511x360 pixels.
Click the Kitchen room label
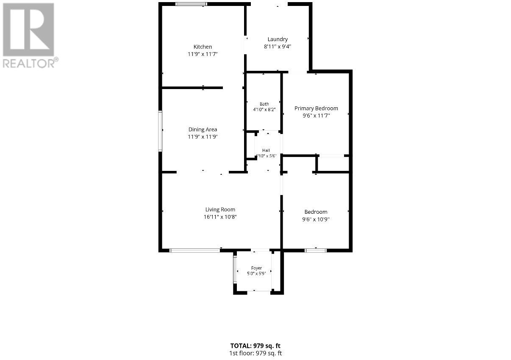(x=203, y=47)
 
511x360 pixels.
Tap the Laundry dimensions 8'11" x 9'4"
(x=278, y=47)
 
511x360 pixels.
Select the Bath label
(x=264, y=104)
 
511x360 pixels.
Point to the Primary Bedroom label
(x=316, y=109)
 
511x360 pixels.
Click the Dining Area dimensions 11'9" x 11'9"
(x=203, y=137)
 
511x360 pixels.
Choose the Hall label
(x=266, y=151)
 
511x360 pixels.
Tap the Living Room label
(x=220, y=209)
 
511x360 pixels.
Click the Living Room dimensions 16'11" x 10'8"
(x=220, y=217)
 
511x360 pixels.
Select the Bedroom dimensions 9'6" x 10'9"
(x=316, y=219)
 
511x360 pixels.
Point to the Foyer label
(x=256, y=268)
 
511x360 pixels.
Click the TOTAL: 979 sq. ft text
(x=255, y=346)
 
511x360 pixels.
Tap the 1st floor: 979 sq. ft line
(x=255, y=353)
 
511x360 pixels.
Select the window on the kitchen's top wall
(x=191, y=4)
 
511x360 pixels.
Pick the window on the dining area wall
(x=160, y=131)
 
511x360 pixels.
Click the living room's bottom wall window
(x=195, y=251)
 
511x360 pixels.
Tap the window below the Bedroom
(x=316, y=251)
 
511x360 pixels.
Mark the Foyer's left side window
(x=235, y=270)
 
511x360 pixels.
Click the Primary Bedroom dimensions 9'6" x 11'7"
(x=316, y=116)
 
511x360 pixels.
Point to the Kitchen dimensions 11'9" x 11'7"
(x=203, y=54)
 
